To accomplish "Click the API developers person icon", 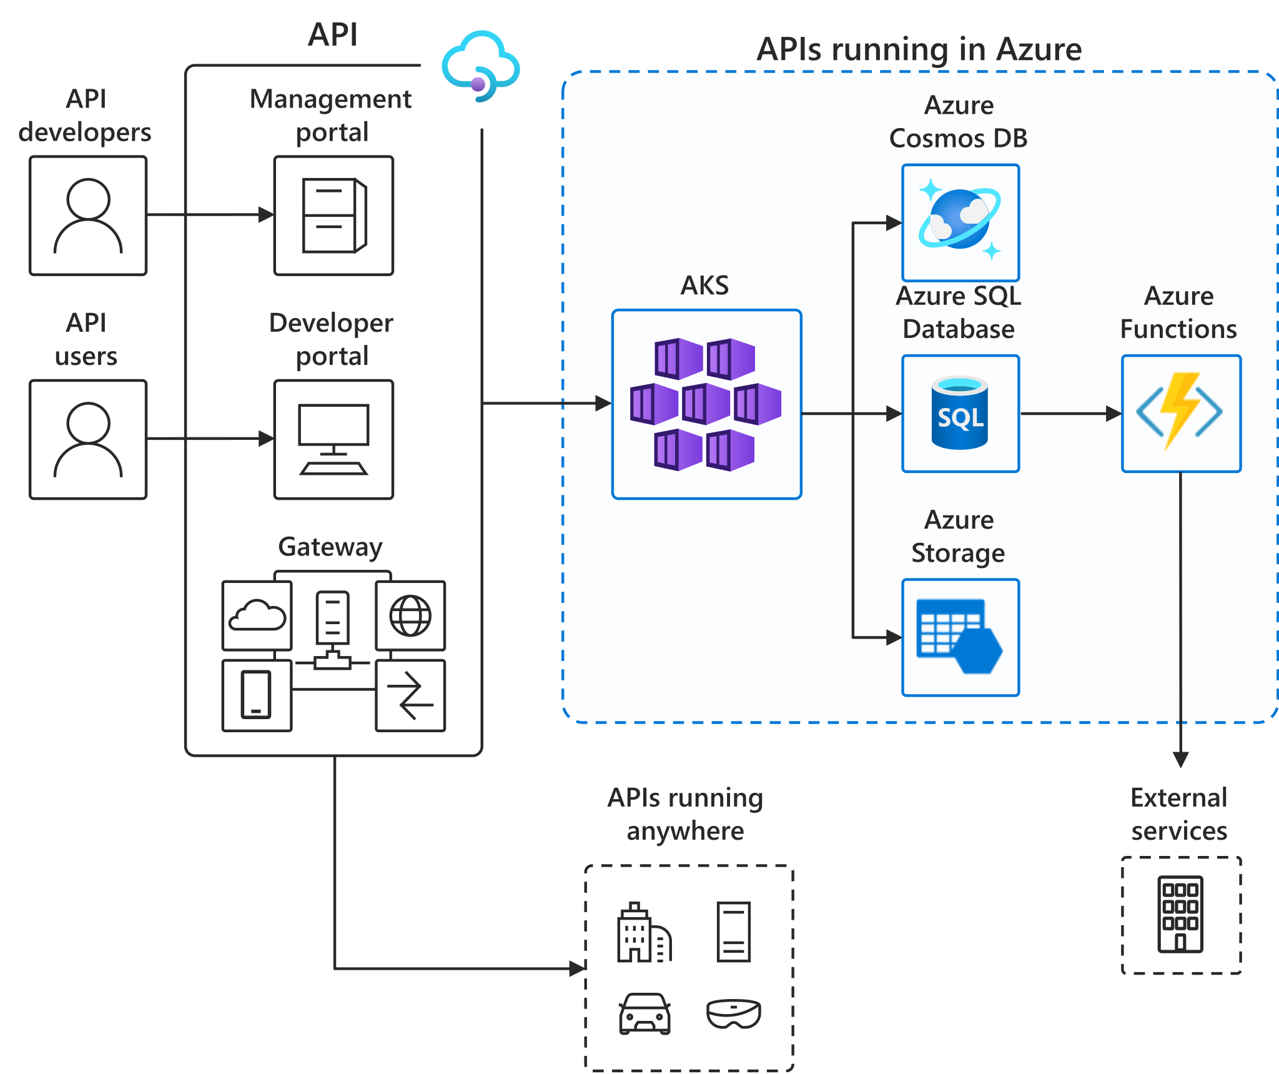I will pyautogui.click(x=88, y=216).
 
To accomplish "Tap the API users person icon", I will pyautogui.click(x=88, y=439).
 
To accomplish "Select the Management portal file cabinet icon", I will pyautogui.click(x=334, y=216).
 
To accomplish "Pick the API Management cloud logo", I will pyautogui.click(x=480, y=66).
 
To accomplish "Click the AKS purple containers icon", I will pyautogui.click(x=706, y=404).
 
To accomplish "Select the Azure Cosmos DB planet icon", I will pyautogui.click(x=960, y=220).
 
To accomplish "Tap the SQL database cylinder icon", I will pyautogui.click(x=960, y=413).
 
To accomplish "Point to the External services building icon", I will pyautogui.click(x=1180, y=914).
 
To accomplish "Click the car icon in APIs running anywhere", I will pyautogui.click(x=644, y=1013).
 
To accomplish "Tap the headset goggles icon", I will pyautogui.click(x=733, y=1013).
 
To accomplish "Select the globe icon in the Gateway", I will pyautogui.click(x=410, y=616).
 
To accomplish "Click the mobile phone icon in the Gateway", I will pyautogui.click(x=256, y=695).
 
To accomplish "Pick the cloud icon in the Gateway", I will pyautogui.click(x=257, y=615).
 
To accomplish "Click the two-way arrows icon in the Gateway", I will pyautogui.click(x=410, y=695).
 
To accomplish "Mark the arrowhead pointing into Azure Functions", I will pyautogui.click(x=1114, y=413).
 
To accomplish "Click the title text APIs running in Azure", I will pyautogui.click(x=919, y=49).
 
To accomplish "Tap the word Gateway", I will pyautogui.click(x=330, y=547).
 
